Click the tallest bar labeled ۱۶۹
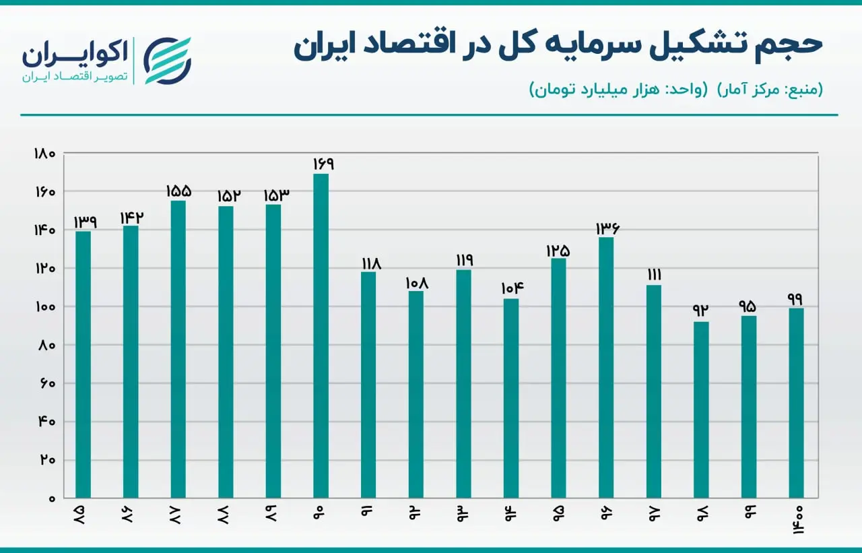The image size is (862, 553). coord(321,336)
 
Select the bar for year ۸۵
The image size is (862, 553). coord(83,365)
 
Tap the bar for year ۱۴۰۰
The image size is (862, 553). coord(796,403)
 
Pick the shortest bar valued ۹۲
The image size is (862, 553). coord(701,410)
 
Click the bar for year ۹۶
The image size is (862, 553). coord(606,368)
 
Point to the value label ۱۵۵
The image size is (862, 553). coord(178,191)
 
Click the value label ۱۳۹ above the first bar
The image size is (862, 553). coord(85,222)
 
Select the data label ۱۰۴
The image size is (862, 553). coord(512,288)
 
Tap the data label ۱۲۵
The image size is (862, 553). coord(558,251)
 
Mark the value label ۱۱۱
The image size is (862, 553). coord(654,275)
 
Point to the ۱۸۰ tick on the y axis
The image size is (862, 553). coord(44,154)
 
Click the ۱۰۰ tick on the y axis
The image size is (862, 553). coord(46,307)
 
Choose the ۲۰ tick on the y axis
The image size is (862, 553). coord(48,459)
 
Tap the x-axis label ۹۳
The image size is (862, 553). coord(462,513)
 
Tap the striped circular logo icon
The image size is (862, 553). coord(167,61)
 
